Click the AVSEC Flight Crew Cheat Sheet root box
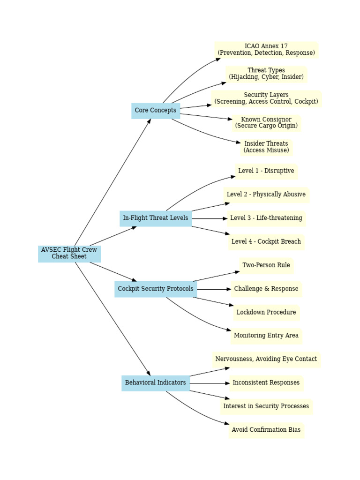tap(69, 254)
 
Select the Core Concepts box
tap(155, 111)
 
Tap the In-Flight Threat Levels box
tap(155, 218)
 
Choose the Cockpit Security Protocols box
tap(155, 289)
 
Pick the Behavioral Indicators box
tap(155, 383)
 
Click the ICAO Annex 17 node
tap(266, 50)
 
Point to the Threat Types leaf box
tap(266, 74)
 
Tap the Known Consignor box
tap(266, 123)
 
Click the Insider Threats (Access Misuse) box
tap(266, 147)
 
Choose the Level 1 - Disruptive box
tap(266, 171)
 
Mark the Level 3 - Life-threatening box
tap(266, 218)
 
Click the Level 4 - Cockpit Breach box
tap(266, 242)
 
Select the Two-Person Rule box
tap(266, 265)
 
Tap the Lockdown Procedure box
tap(266, 313)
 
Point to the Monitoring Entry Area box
tap(266, 336)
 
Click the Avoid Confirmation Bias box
tap(266, 430)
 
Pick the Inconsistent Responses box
tap(266, 383)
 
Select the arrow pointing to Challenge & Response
tap(214, 289)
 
